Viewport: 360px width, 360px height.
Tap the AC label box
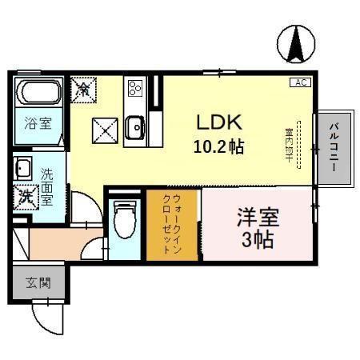(x=301, y=82)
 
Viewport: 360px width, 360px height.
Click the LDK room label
(x=217, y=123)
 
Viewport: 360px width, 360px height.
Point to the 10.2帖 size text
(x=217, y=147)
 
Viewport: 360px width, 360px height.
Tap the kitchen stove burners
(x=134, y=88)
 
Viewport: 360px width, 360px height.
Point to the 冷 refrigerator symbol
(x=83, y=88)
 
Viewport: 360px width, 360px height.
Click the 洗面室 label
(x=47, y=185)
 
